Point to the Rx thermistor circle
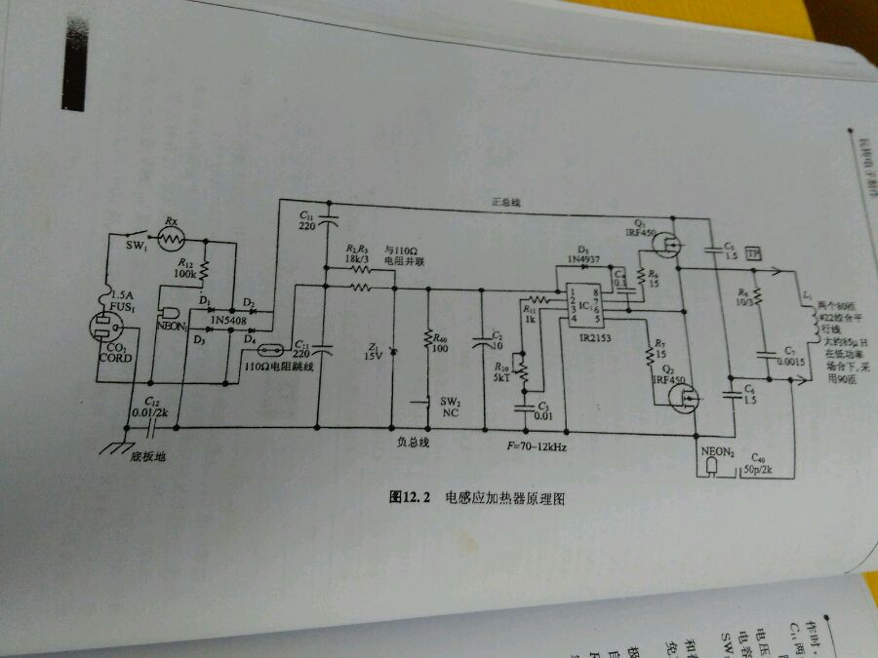(172, 237)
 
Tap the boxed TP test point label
(752, 253)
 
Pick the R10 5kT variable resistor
(520, 368)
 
